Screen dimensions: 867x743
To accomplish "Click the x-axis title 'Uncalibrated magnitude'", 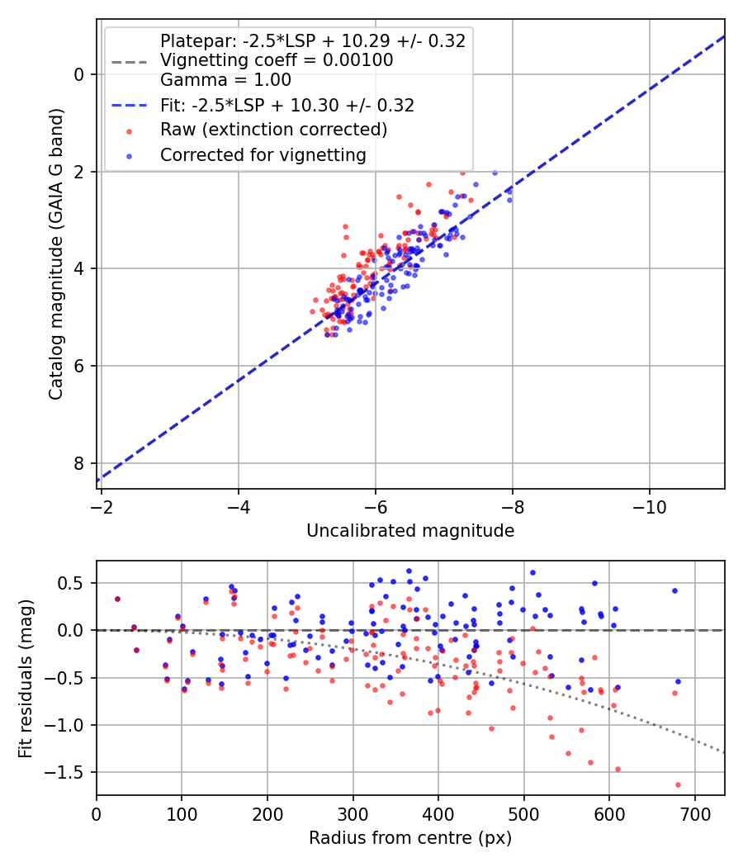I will (x=410, y=531).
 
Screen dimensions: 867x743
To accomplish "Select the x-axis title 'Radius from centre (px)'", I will (x=410, y=838).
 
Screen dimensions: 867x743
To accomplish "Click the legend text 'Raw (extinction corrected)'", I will (x=273, y=130).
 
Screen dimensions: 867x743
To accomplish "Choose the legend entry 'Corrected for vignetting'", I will (x=263, y=154).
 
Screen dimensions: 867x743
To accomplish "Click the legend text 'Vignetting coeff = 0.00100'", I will (x=277, y=60).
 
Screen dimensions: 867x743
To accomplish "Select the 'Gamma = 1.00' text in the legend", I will (x=225, y=80).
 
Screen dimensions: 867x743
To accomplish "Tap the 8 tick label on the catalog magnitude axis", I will (x=80, y=463).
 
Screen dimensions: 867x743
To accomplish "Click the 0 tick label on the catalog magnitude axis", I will (x=80, y=74).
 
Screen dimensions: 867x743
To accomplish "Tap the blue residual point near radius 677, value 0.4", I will (x=674, y=590).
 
